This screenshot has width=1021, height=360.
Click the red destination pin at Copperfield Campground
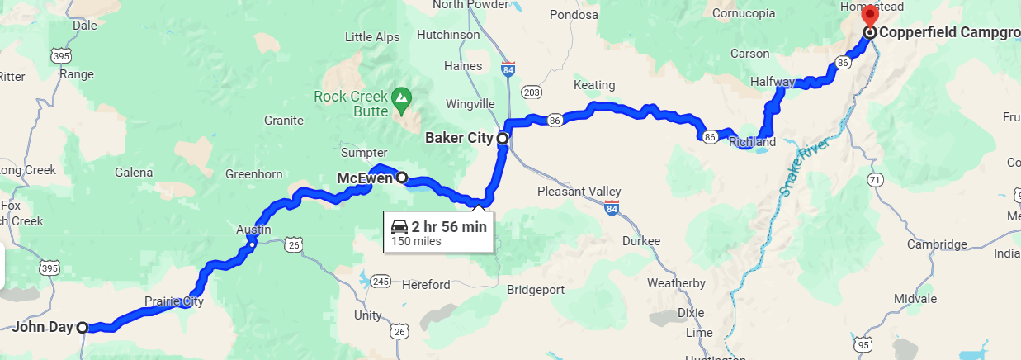(x=869, y=16)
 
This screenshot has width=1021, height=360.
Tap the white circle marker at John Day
(x=83, y=328)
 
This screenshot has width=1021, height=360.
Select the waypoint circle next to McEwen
(x=402, y=177)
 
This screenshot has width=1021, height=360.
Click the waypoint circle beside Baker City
(x=502, y=139)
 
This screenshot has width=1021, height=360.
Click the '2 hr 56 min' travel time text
(x=449, y=226)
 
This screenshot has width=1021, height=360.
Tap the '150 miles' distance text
(x=416, y=242)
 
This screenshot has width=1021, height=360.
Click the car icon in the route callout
(x=399, y=226)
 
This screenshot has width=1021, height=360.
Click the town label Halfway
(x=773, y=82)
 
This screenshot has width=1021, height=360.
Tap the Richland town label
(x=753, y=142)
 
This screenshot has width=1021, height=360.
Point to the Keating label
(x=594, y=85)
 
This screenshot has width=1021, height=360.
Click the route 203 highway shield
(x=532, y=92)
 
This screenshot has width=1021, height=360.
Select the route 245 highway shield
(x=380, y=282)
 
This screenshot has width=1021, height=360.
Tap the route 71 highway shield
(x=875, y=179)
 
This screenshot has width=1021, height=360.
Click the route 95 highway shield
(x=863, y=344)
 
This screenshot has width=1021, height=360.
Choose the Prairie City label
(x=173, y=301)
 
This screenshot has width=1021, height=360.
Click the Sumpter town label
(x=364, y=153)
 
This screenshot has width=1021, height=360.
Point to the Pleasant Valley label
(x=579, y=192)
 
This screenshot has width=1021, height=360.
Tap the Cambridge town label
(x=937, y=244)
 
